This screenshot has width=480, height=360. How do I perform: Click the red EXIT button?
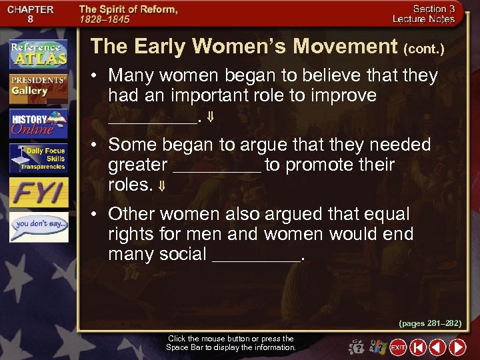tap(398, 347)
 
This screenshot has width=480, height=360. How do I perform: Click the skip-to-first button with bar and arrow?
tap(418, 347)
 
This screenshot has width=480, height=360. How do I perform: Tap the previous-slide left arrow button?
tap(437, 347)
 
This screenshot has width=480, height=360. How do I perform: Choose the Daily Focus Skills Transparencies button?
tap(38, 159)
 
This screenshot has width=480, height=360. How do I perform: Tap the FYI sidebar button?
tap(38, 193)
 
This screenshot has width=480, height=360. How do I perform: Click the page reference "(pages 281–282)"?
tap(430, 323)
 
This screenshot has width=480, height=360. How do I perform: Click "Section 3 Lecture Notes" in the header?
tap(433, 15)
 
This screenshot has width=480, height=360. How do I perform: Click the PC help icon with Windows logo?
tap(377, 347)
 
